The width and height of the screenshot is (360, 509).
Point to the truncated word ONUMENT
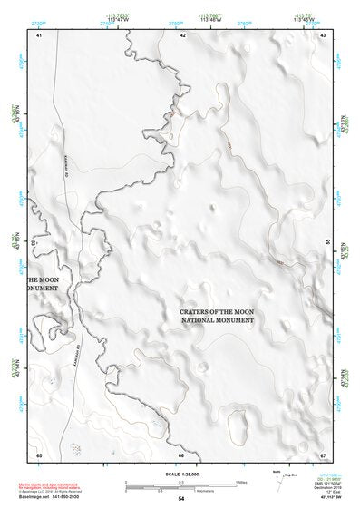click(x=44, y=289)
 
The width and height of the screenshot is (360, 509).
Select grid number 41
click(x=39, y=34)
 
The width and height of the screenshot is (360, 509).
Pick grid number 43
click(x=323, y=34)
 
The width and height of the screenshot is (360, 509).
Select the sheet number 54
click(x=181, y=499)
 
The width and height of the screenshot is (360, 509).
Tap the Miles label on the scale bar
click(x=241, y=481)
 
